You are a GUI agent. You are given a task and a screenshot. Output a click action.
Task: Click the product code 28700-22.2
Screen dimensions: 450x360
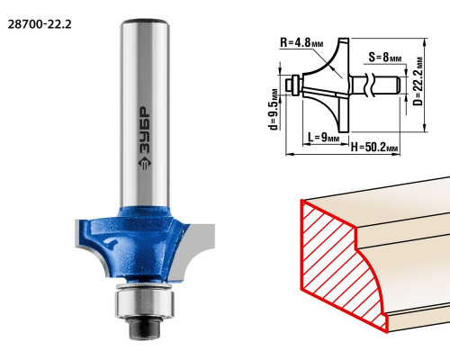pyautogui.click(x=40, y=24)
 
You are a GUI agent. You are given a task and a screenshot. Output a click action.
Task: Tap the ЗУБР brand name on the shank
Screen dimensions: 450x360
pyautogui.click(x=145, y=130)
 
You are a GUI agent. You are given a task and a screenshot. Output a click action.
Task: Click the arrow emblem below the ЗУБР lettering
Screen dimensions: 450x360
pyautogui.click(x=145, y=163)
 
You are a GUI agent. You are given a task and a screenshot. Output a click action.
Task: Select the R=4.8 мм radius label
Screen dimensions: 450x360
pyautogui.click(x=301, y=42)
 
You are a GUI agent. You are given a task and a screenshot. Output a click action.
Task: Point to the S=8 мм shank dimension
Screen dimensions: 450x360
pyautogui.click(x=385, y=57)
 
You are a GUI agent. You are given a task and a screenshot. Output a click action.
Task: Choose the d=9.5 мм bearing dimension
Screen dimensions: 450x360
pyautogui.click(x=274, y=109)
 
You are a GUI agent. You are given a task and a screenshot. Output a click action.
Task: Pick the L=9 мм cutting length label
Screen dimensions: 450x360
pyautogui.click(x=323, y=138)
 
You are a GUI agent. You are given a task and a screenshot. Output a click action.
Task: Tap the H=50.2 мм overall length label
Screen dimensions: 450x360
pyautogui.click(x=374, y=147)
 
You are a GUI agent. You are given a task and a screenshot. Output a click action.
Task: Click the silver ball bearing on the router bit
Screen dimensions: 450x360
pyautogui.click(x=145, y=301)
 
